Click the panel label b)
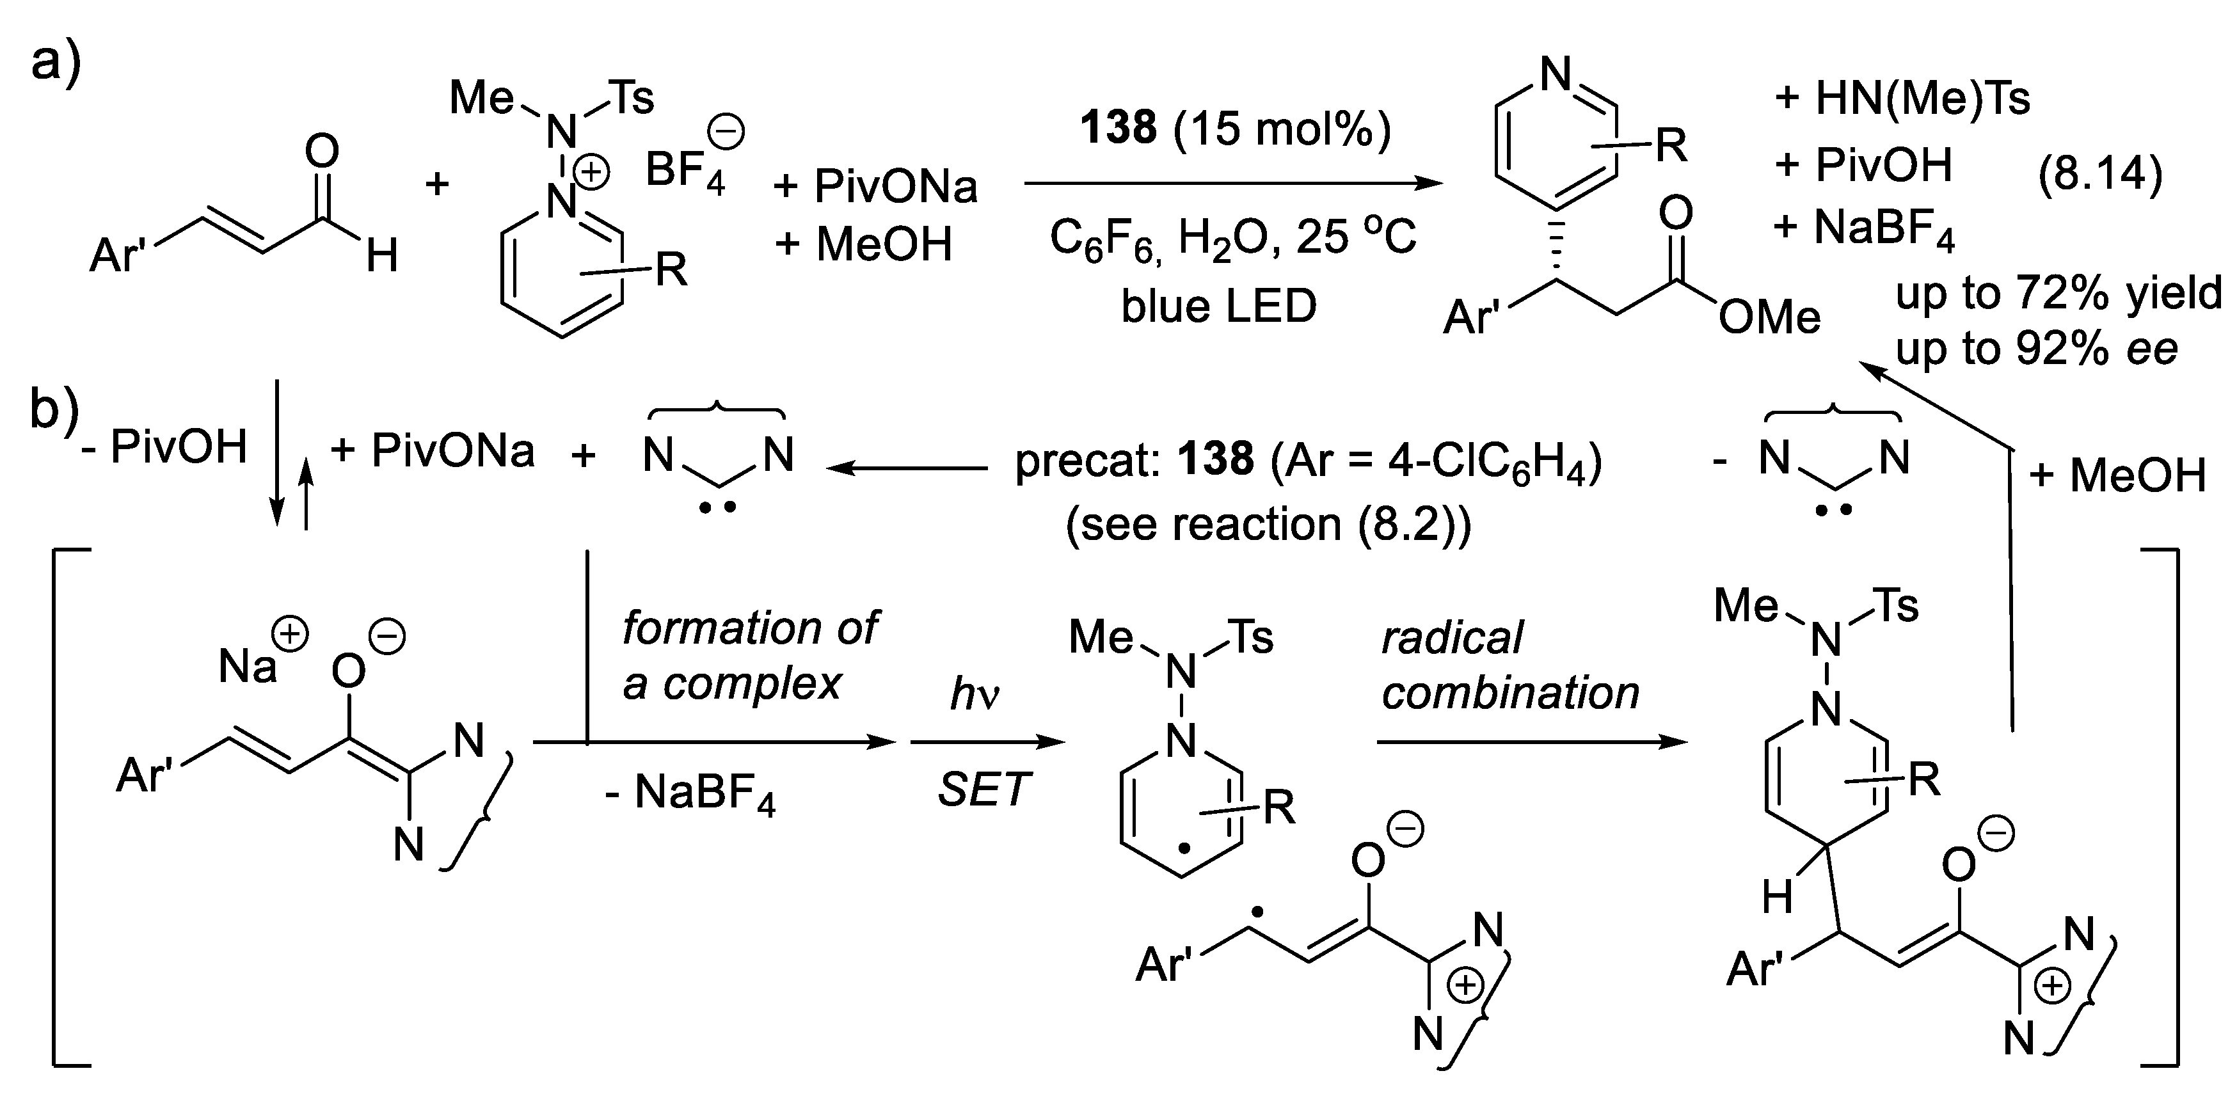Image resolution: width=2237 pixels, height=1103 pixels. (x=54, y=408)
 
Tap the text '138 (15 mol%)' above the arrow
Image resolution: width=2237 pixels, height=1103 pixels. (x=1235, y=128)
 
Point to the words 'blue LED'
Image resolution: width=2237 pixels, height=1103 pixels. (x=1218, y=306)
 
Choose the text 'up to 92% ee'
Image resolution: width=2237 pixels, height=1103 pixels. (x=2036, y=348)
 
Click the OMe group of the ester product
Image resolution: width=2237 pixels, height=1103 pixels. (x=1769, y=317)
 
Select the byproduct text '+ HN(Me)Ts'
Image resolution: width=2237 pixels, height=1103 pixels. (x=1902, y=98)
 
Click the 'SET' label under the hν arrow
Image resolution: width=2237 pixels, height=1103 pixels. (x=983, y=790)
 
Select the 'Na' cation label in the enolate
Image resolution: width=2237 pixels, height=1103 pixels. (x=248, y=666)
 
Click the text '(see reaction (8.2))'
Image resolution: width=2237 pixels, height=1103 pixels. (x=1268, y=524)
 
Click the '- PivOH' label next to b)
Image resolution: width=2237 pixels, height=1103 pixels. (x=165, y=448)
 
